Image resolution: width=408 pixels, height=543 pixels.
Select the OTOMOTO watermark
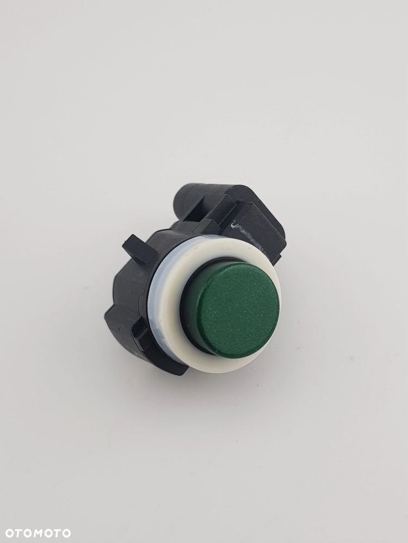coord(38,533)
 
